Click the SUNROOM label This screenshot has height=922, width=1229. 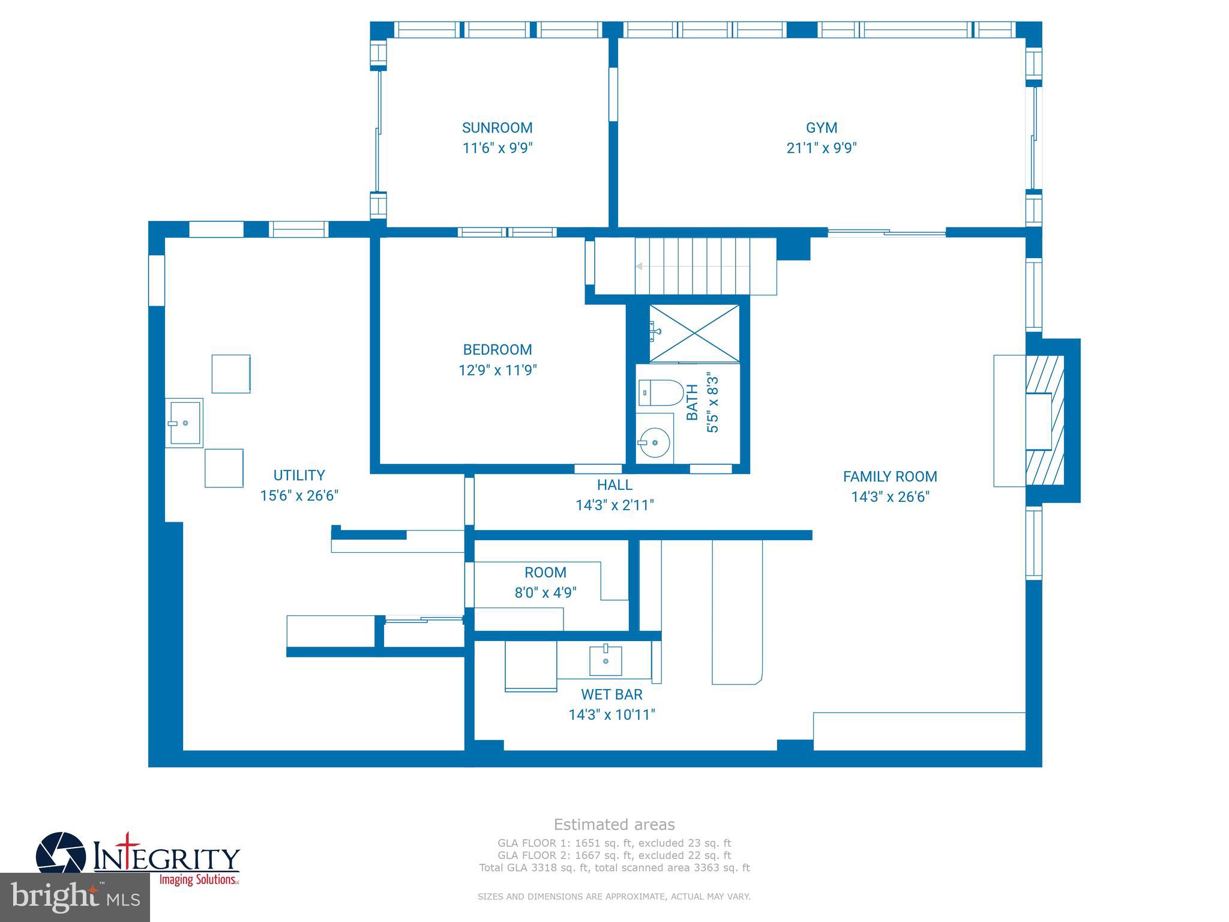[497, 128]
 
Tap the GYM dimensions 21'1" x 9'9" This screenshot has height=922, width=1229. [822, 148]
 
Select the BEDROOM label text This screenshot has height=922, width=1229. [497, 349]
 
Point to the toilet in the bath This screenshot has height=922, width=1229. [660, 393]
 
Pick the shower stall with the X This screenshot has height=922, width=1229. [694, 334]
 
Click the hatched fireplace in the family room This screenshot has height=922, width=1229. [1045, 420]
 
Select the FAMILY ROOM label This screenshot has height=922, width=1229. [889, 477]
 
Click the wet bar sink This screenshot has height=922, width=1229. [605, 660]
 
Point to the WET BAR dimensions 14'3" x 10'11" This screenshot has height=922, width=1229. [611, 715]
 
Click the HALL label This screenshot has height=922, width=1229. [614, 484]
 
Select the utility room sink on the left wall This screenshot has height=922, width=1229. [184, 423]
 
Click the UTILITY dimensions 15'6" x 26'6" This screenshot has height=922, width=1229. [299, 496]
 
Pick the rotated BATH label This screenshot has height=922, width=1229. [692, 402]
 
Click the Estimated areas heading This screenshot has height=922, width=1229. [614, 825]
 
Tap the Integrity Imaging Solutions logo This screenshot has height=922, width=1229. [138, 858]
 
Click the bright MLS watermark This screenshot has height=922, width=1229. [74, 897]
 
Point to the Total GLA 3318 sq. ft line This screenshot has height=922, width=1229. [614, 867]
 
